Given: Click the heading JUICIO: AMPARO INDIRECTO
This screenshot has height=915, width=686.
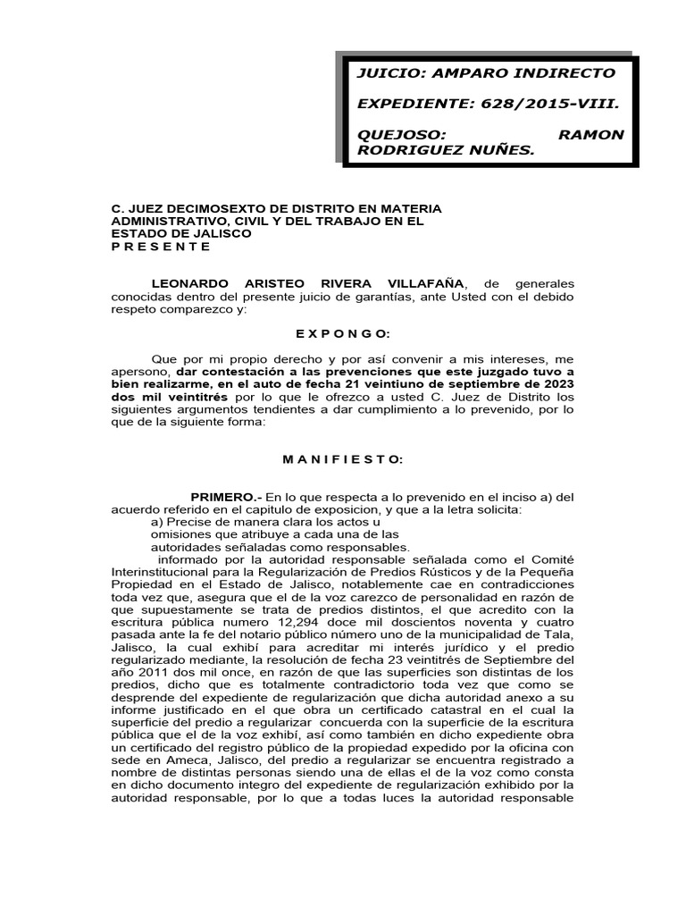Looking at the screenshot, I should pyautogui.click(x=486, y=73).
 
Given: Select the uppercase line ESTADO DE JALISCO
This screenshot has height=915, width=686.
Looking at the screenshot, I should pyautogui.click(x=180, y=233).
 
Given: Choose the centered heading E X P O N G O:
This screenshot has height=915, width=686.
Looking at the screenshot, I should pyautogui.click(x=343, y=332).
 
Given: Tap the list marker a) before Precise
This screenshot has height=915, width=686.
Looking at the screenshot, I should pyautogui.click(x=157, y=522).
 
